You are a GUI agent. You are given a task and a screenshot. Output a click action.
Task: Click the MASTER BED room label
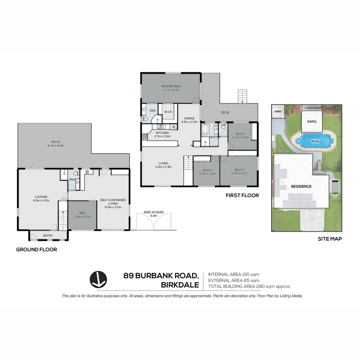tap(171, 88)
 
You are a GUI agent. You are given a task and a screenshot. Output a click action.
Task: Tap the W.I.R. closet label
tap(167, 112)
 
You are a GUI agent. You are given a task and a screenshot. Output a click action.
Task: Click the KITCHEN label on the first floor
tap(162, 134)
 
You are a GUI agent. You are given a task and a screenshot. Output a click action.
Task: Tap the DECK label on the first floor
tap(225, 112)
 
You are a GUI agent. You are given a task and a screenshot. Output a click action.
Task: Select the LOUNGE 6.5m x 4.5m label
tap(41, 198)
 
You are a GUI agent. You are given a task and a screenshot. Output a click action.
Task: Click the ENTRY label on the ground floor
tap(48, 236)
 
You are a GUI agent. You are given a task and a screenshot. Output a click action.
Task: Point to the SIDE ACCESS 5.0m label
tap(154, 214)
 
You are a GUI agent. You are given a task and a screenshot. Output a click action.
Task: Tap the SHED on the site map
tap(278, 112)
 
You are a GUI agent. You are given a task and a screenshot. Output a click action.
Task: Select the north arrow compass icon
tap(98, 279)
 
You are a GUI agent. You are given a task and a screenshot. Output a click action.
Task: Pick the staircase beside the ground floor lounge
tap(63, 216)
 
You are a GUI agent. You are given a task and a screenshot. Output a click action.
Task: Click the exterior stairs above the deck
tap(242, 96)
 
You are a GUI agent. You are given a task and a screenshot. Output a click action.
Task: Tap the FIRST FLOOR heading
tap(242, 195)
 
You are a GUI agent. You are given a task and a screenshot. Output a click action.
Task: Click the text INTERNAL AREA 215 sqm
tap(233, 274)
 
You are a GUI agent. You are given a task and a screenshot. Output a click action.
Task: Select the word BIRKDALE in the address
tap(180, 285)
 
